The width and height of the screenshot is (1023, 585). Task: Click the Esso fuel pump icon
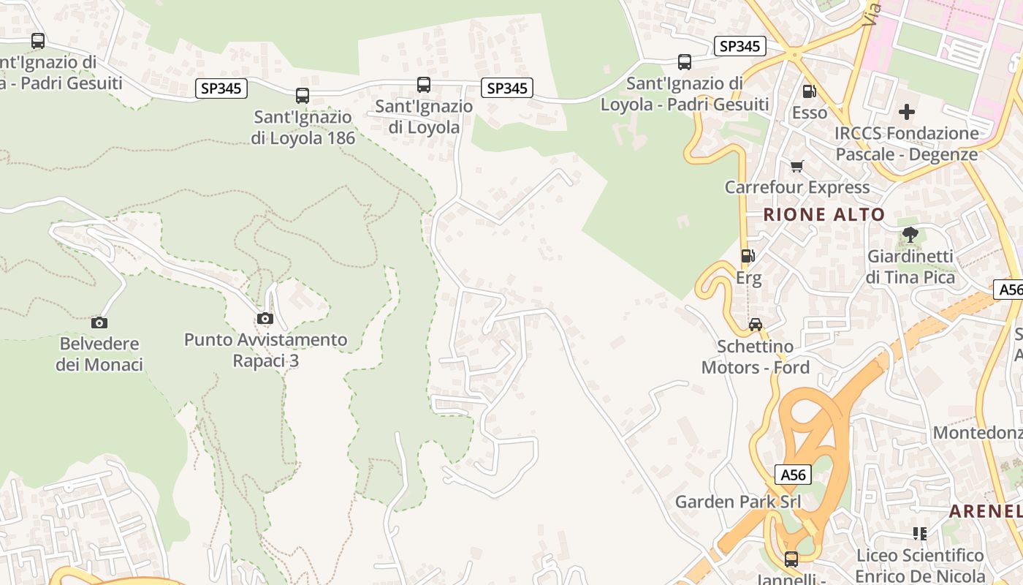click(x=809, y=91)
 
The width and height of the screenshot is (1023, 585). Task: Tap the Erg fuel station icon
click(x=748, y=256)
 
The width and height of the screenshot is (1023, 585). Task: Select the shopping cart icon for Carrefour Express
click(x=796, y=167)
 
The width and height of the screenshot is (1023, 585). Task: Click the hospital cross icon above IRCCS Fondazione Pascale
click(x=907, y=112)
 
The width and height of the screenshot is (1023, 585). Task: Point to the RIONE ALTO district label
click(x=824, y=214)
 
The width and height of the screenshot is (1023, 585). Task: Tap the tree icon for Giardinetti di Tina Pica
click(x=910, y=235)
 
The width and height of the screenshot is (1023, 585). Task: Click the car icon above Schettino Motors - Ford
click(x=755, y=325)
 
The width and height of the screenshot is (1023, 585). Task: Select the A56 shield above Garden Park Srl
click(x=793, y=475)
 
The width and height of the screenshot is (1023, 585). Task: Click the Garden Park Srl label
click(x=738, y=502)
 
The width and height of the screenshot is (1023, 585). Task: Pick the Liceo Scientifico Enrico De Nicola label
click(x=920, y=565)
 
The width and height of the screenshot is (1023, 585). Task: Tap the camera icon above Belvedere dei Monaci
click(x=99, y=322)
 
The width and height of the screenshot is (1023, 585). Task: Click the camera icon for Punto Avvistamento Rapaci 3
click(x=265, y=319)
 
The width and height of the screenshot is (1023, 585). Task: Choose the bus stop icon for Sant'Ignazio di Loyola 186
click(x=303, y=95)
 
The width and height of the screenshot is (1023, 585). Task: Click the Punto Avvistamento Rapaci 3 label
click(x=265, y=350)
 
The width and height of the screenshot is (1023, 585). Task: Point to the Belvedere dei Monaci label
click(x=99, y=354)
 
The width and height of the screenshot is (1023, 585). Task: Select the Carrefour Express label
click(x=797, y=187)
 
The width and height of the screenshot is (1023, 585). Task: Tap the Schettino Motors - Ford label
click(x=756, y=357)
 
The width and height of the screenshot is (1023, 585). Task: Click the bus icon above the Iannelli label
click(x=791, y=559)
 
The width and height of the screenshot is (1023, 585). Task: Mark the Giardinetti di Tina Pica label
click(x=910, y=267)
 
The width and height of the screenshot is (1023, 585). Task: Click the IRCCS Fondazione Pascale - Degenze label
click(x=907, y=144)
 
